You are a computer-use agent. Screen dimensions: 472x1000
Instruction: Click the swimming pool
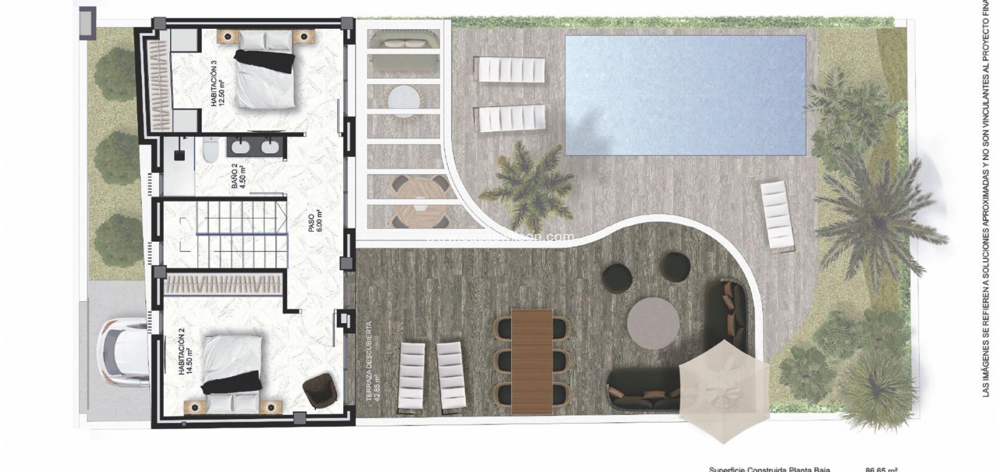pos(685,95)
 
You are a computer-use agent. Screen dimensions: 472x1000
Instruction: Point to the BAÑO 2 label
pos(239,178)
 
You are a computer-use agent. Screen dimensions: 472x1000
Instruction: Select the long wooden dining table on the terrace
pos(532,361)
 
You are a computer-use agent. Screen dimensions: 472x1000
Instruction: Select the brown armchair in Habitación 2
pos(319,390)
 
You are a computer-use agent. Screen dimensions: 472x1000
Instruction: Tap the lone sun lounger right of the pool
pos(777,216)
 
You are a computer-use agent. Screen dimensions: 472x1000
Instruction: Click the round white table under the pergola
pos(403,100)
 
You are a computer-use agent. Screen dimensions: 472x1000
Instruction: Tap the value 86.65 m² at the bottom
pos(880,469)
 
